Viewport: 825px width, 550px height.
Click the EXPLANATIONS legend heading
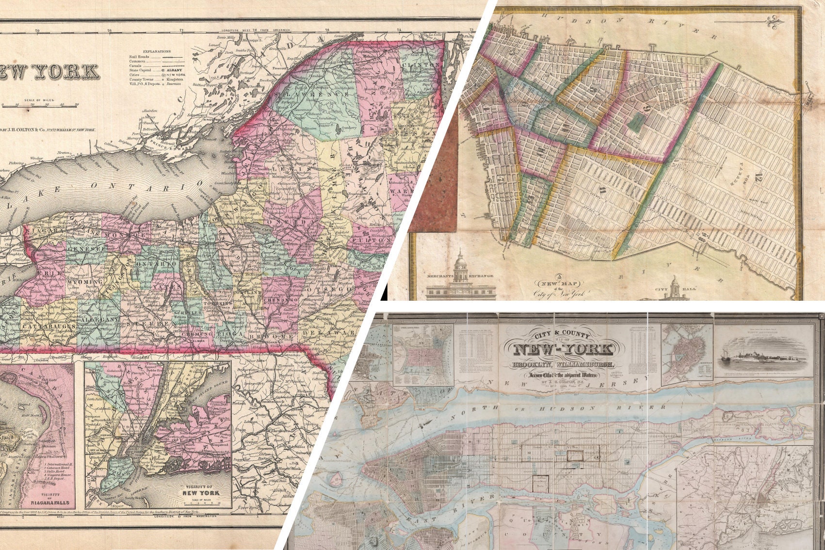pyautogui.click(x=157, y=51)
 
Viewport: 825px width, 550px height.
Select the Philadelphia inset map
pyautogui.click(x=423, y=354)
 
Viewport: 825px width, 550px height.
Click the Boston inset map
pyautogui.click(x=688, y=351)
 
